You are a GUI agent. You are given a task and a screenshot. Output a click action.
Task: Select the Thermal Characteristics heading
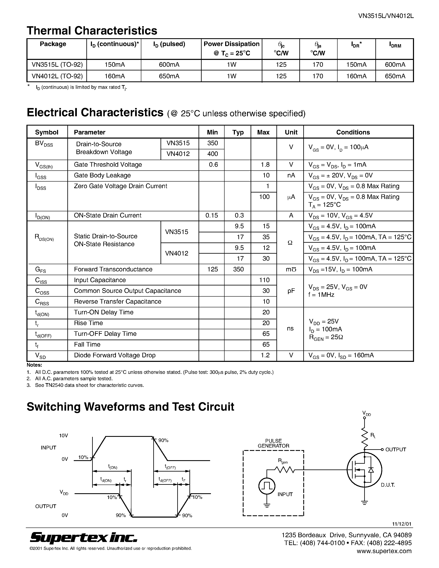point(92,31)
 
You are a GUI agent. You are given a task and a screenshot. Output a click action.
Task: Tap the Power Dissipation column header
point(231,48)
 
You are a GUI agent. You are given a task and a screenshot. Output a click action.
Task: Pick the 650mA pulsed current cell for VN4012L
point(169,76)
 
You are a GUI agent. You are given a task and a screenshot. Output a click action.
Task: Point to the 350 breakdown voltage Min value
point(213,143)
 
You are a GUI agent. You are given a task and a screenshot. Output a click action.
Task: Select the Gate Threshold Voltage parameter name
point(108,165)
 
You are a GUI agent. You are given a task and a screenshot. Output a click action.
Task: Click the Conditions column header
point(353,132)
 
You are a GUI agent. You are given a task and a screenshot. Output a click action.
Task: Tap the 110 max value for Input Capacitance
point(264,280)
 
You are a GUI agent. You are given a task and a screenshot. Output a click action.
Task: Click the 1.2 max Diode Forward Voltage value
point(265,355)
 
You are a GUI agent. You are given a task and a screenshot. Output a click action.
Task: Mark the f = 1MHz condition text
point(321,295)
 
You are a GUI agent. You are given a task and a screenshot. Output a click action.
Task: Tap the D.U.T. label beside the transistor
point(388,485)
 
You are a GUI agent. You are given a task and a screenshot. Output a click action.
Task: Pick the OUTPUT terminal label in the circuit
point(396,449)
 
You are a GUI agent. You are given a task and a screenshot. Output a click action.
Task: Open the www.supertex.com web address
point(384,551)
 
